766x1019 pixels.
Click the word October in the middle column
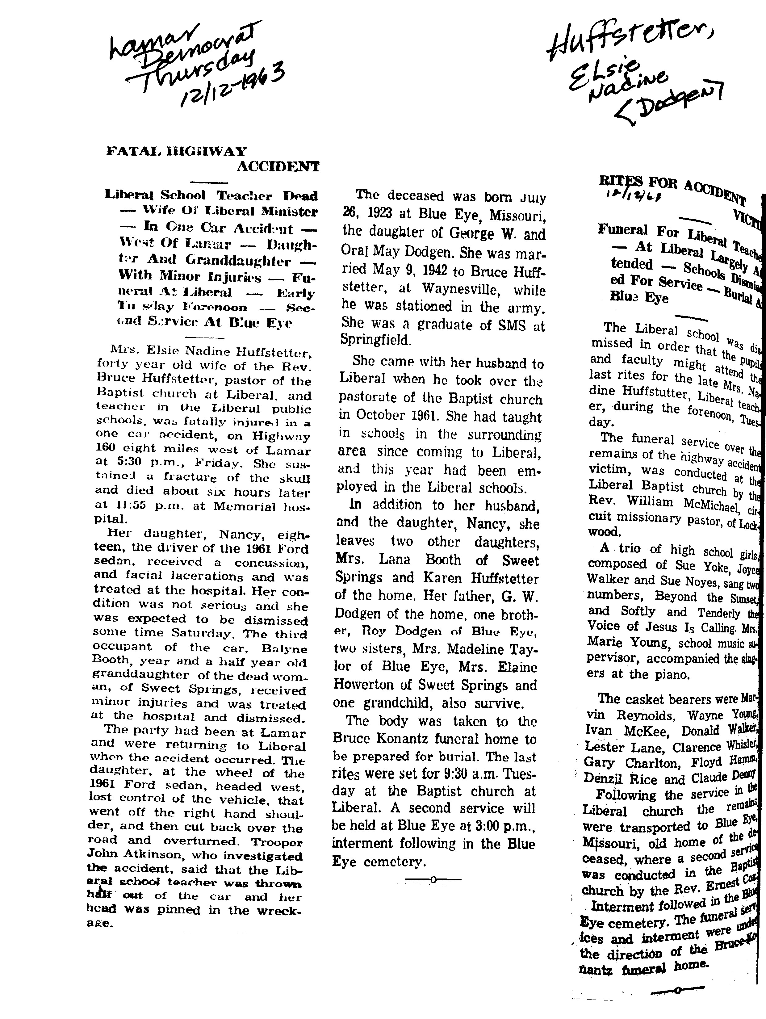(377, 416)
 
